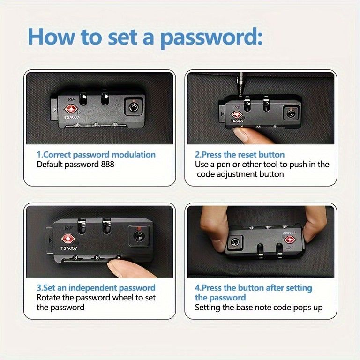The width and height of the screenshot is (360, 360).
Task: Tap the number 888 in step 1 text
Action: pyautogui.click(x=107, y=165)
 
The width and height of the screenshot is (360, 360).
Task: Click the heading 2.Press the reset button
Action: pyautogui.click(x=240, y=155)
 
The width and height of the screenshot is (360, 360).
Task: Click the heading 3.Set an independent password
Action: pyautogui.click(x=96, y=288)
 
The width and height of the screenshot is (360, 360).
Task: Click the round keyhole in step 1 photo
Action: pyautogui.click(x=133, y=107)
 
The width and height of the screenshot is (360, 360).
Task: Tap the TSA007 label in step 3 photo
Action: pyautogui.click(x=68, y=248)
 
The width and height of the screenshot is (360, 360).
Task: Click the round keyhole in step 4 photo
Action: pyautogui.click(x=235, y=242)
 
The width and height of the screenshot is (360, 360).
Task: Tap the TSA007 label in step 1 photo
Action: pyautogui.click(x=72, y=117)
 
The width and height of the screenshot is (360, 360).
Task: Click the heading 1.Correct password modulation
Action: pyautogui.click(x=96, y=155)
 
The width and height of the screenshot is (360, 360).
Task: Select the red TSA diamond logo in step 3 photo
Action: pyautogui.click(x=67, y=239)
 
